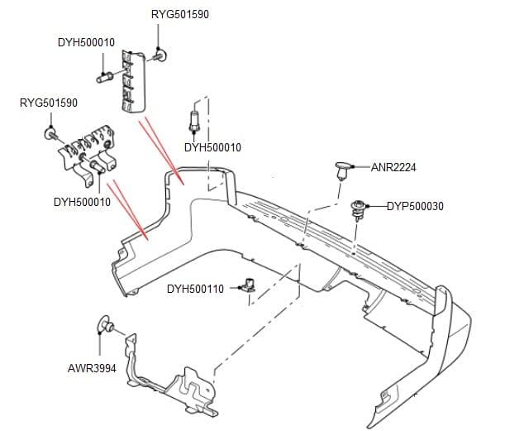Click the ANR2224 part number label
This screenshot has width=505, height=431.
point(393,168)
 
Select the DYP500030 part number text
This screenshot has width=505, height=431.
point(415,206)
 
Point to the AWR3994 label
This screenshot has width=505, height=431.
point(91,367)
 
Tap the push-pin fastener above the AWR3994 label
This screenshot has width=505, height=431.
point(106,323)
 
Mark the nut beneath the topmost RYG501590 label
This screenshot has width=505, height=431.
point(160,55)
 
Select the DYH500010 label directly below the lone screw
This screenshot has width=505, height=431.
point(212,148)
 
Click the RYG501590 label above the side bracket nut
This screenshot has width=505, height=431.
point(48,103)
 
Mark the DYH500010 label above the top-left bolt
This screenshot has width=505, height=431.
point(86,42)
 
